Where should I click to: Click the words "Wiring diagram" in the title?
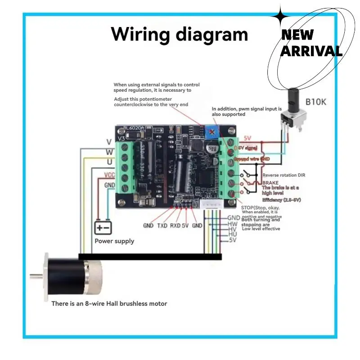click(180, 34)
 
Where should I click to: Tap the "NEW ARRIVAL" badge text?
click(311, 43)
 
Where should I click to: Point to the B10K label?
click(317, 102)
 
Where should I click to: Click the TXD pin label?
click(162, 225)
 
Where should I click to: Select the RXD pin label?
click(175, 225)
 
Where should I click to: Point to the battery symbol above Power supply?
click(103, 228)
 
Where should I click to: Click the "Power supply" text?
click(114, 241)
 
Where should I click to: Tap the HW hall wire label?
click(233, 224)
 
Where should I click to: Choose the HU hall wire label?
click(233, 234)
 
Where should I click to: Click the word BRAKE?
click(271, 183)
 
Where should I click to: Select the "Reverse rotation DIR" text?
click(286, 175)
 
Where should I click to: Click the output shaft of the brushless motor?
click(36, 276)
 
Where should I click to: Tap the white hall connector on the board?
click(211, 205)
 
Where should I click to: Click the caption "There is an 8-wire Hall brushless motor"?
click(109, 304)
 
